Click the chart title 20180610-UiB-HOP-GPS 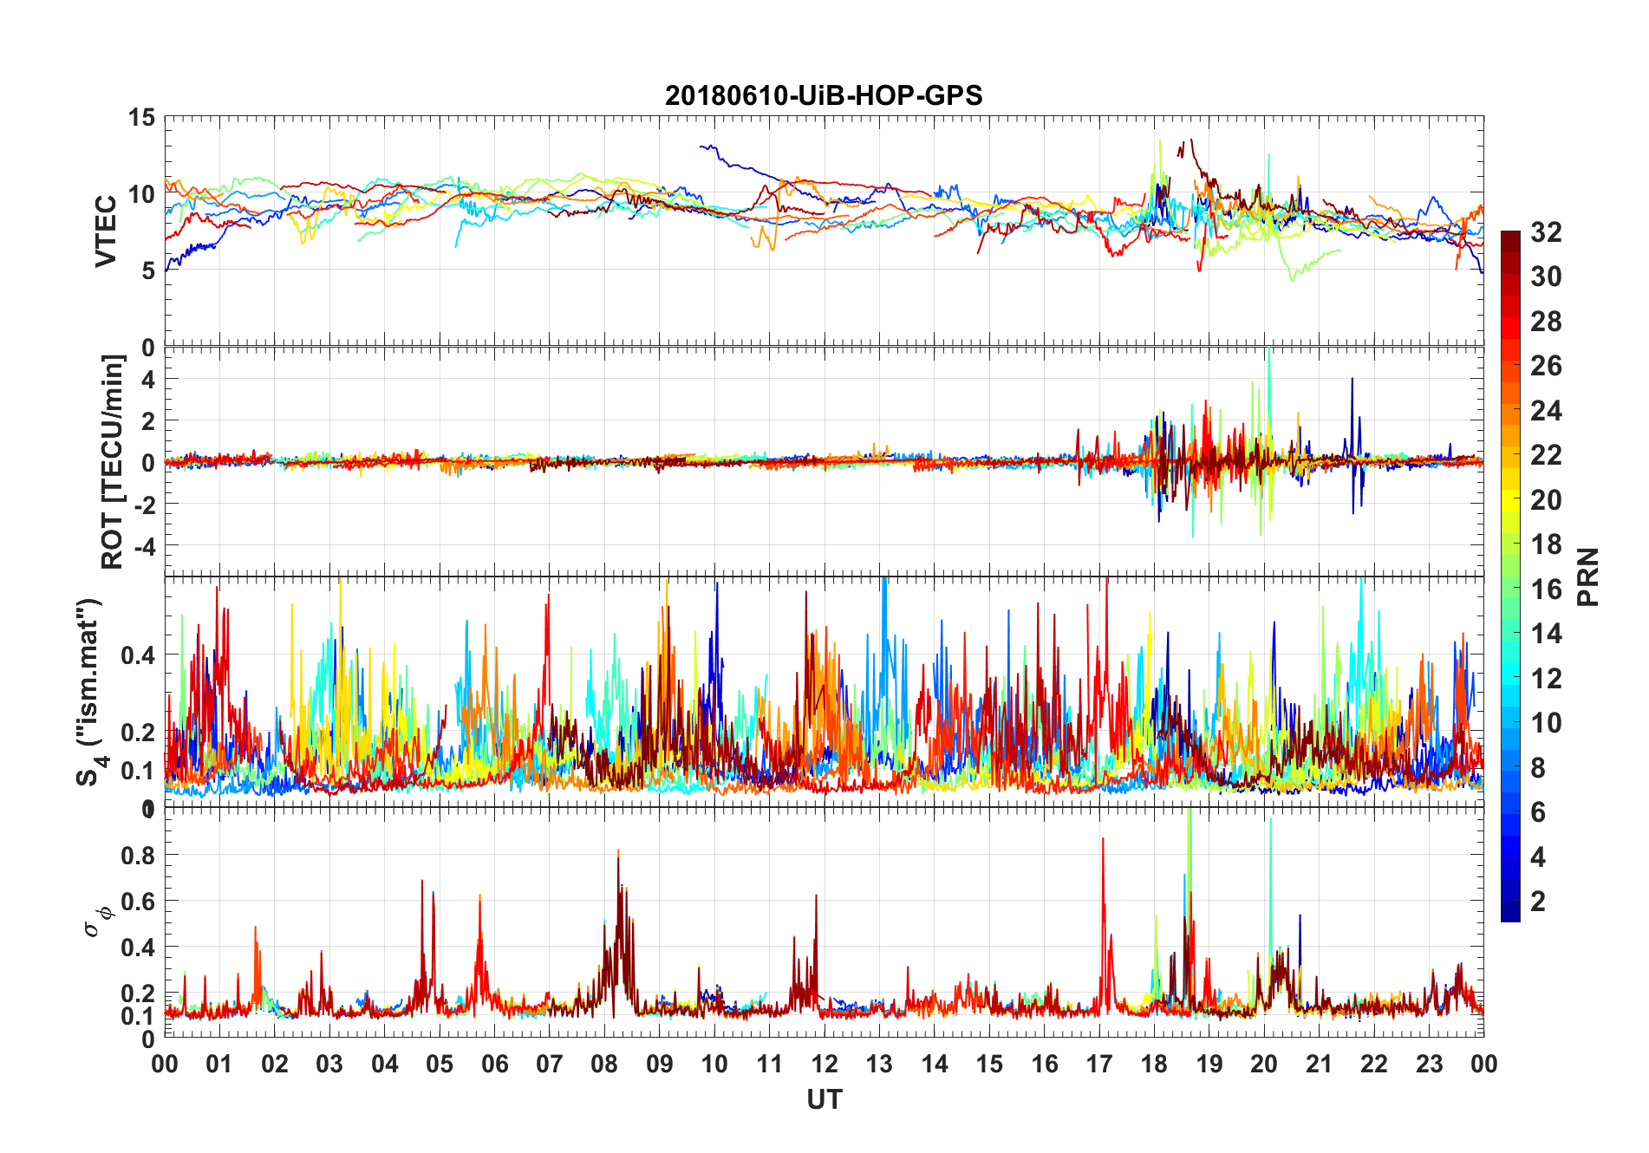824,95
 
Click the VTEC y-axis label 106,231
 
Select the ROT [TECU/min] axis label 113,461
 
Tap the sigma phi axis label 97,920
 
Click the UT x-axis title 824,1100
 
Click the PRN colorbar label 1587,576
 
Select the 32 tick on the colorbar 1546,232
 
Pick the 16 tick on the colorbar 1546,590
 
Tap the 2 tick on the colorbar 1538,902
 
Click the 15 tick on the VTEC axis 142,118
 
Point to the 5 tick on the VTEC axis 148,270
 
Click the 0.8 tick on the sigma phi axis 139,855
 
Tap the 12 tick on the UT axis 824,1064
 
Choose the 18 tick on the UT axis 1154,1064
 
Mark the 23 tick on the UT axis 1429,1064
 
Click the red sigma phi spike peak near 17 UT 1103,838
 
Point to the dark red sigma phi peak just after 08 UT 619,852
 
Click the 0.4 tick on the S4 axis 139,655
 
